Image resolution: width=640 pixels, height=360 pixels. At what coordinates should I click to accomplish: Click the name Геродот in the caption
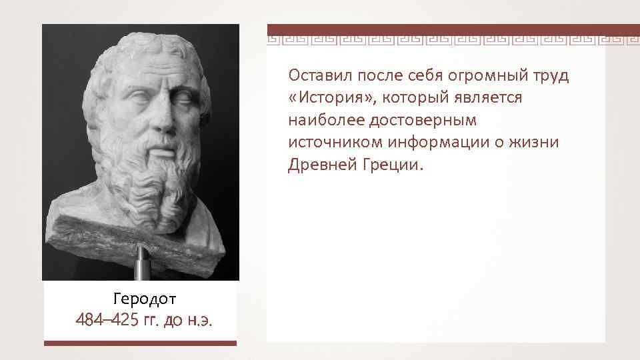(140, 297)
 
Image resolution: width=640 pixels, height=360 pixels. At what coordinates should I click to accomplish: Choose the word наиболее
(321, 120)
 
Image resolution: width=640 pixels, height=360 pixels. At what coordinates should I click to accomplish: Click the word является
(491, 98)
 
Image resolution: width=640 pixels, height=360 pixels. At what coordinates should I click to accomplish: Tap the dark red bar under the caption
(140, 343)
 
